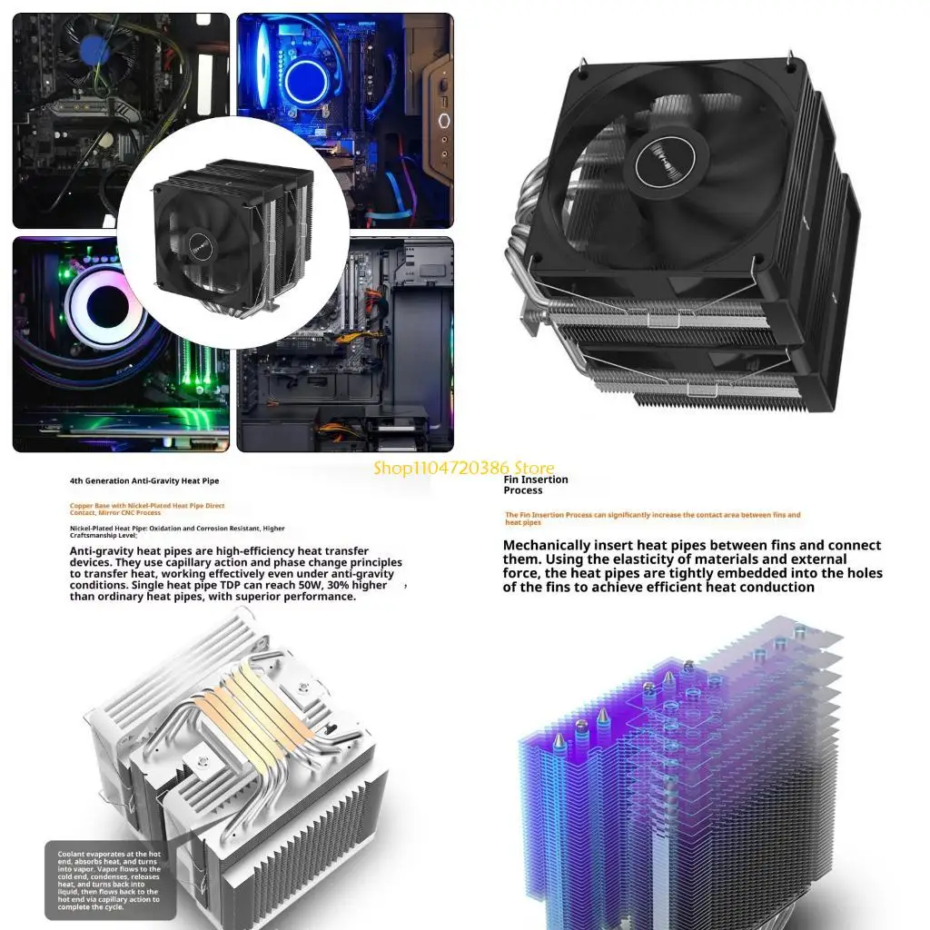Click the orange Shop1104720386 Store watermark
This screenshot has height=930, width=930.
coord(464,469)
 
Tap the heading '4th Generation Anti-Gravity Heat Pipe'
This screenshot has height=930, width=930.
coord(144,480)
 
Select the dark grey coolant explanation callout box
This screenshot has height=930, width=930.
coord(104,879)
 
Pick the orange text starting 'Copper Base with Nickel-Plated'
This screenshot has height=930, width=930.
coord(147,509)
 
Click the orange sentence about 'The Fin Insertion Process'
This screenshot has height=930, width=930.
coord(652,518)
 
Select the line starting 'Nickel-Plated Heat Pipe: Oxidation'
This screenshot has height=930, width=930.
coord(177,529)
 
